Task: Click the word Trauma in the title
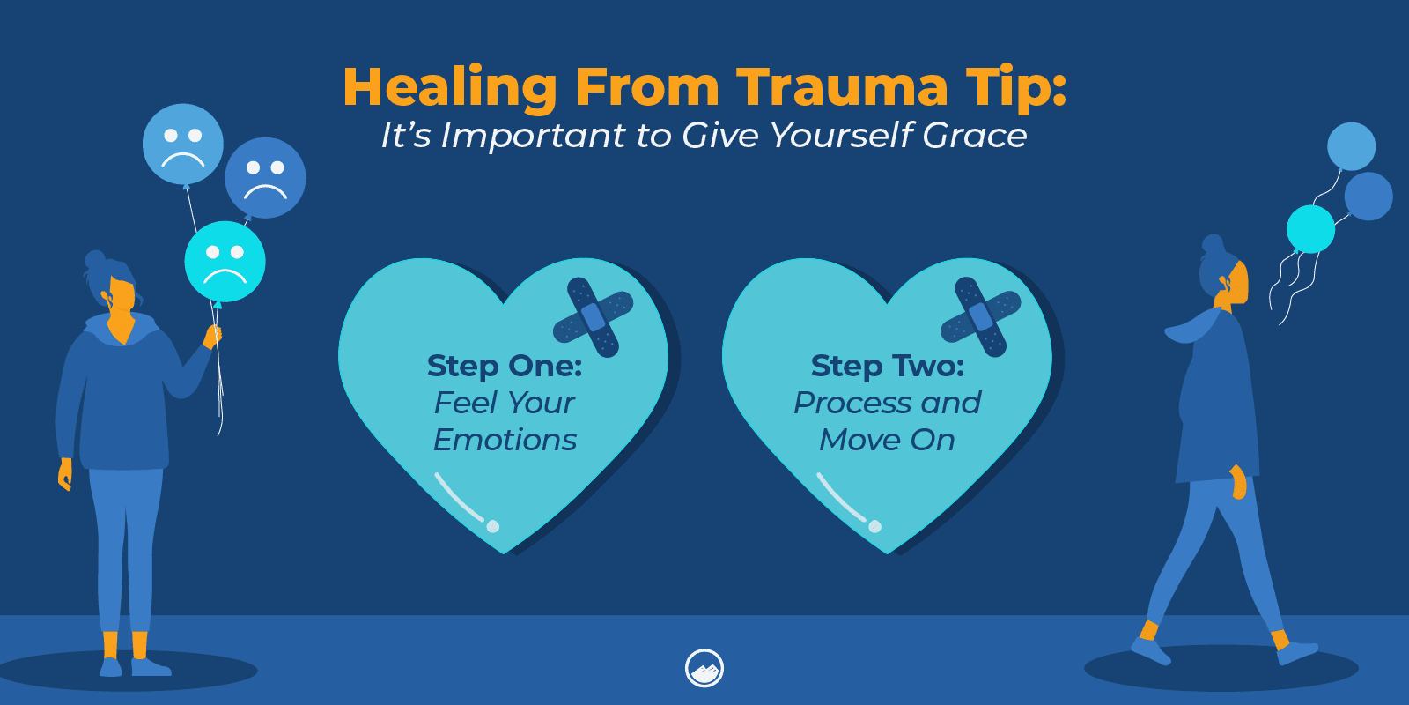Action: coord(842,87)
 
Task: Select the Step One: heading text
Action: coord(505,366)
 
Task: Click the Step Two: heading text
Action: coord(888,366)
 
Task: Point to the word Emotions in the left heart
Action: coord(505,440)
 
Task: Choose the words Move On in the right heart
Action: coord(887,440)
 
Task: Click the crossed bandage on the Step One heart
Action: coord(594,318)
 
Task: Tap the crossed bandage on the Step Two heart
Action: coord(980,318)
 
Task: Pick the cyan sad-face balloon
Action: coord(225,262)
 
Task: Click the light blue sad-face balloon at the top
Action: coord(183,145)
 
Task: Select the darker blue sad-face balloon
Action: coord(265,178)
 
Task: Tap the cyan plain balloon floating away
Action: coord(1311,229)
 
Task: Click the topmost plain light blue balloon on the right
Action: coord(1351,146)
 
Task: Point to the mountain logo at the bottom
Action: coord(704,669)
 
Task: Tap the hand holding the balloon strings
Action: coord(212,338)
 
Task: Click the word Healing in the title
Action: coord(450,89)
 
